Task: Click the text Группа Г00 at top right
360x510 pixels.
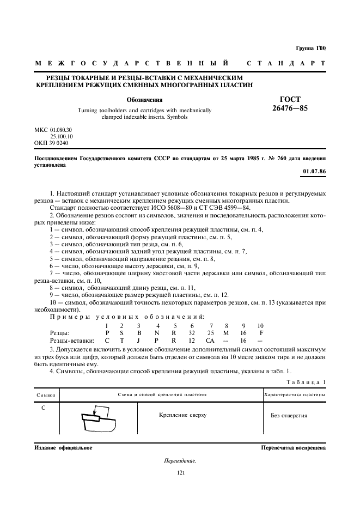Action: coord(310,48)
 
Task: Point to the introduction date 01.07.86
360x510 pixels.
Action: coord(314,173)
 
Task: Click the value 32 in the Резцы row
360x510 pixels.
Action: coord(192,332)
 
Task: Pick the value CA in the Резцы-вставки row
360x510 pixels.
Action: coord(210,339)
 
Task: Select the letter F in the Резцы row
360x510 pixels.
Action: coord(261,332)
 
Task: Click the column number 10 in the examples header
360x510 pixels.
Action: coord(260,325)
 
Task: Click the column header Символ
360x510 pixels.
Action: coord(46,394)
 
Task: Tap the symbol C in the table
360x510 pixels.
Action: coord(43,406)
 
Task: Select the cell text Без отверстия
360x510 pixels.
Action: coord(289,415)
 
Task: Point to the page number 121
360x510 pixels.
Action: coord(182,472)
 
